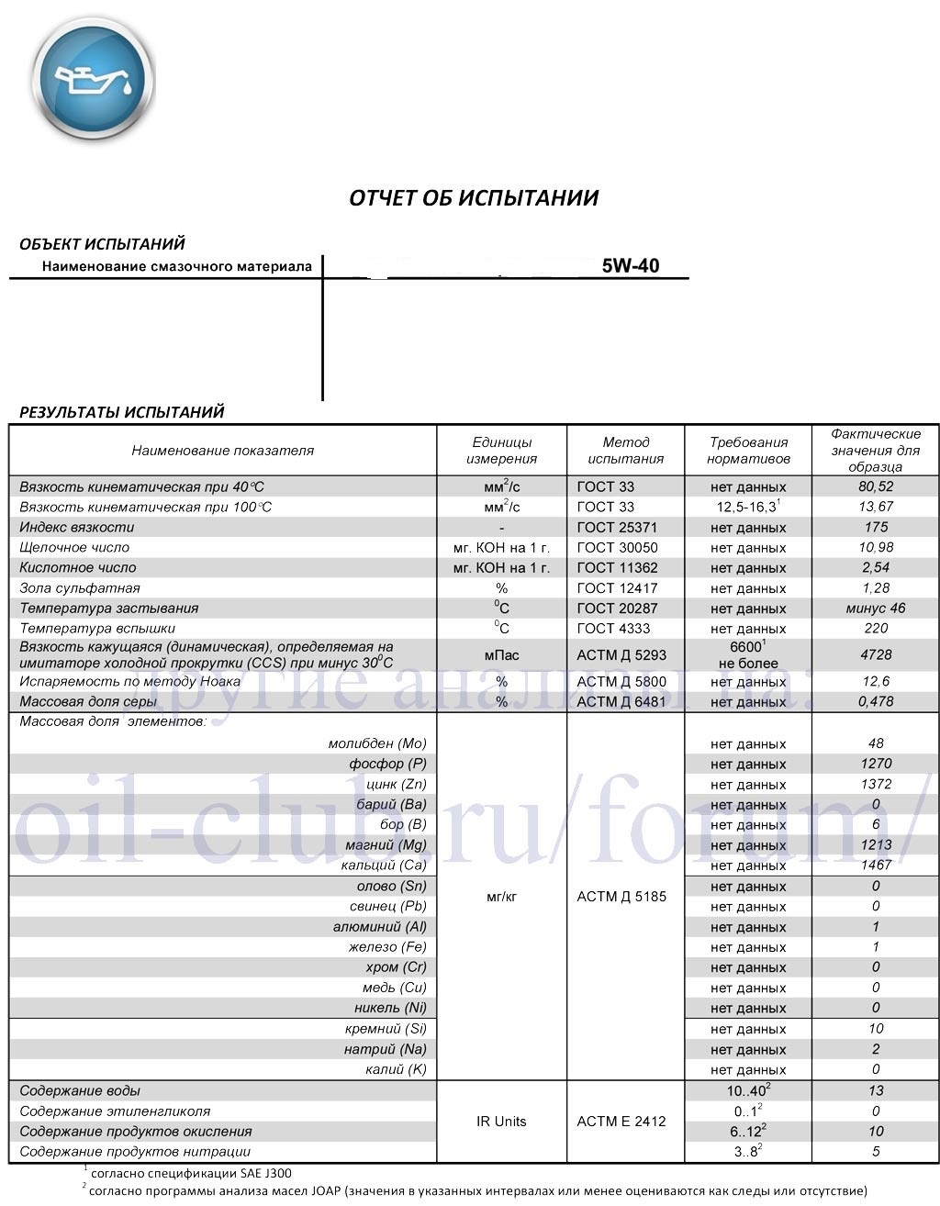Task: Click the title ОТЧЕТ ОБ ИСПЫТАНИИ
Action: coord(474,197)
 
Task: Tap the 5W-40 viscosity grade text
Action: coord(630,266)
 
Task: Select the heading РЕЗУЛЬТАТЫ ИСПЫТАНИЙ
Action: coord(122,412)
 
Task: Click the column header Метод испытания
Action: coord(625,450)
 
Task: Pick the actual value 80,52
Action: coord(875,486)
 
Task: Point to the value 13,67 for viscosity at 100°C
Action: coord(875,507)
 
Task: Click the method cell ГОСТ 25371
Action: coord(617,528)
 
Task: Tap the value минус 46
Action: coord(875,609)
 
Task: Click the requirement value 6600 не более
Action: coord(748,654)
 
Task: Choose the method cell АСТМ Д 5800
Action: coord(621,682)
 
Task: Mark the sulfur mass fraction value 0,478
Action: coord(875,702)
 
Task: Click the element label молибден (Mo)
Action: coord(377,743)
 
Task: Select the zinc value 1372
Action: coord(876,784)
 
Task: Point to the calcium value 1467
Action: coord(876,865)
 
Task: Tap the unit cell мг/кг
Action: coord(501,896)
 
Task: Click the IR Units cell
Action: coord(501,1121)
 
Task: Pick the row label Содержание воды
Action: coord(80,1091)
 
